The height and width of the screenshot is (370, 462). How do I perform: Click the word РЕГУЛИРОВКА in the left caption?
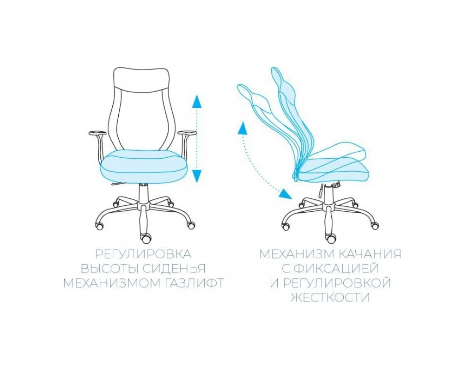tap(143, 254)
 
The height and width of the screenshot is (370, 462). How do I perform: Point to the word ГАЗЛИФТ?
tap(191, 283)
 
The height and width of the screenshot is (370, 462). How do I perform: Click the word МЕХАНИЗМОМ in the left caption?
tap(109, 283)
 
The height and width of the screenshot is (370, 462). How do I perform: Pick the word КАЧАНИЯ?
tap(368, 254)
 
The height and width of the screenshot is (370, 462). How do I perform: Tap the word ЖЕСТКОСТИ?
tap(330, 297)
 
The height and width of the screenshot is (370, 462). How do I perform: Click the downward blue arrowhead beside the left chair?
tap(197, 176)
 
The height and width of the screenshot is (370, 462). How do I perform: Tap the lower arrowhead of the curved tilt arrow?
tap(285, 194)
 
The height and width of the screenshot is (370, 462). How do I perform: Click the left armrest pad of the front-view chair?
tap(97, 133)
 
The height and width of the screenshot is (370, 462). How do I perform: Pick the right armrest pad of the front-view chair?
tap(188, 133)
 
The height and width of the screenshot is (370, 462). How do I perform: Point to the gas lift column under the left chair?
tap(144, 193)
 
